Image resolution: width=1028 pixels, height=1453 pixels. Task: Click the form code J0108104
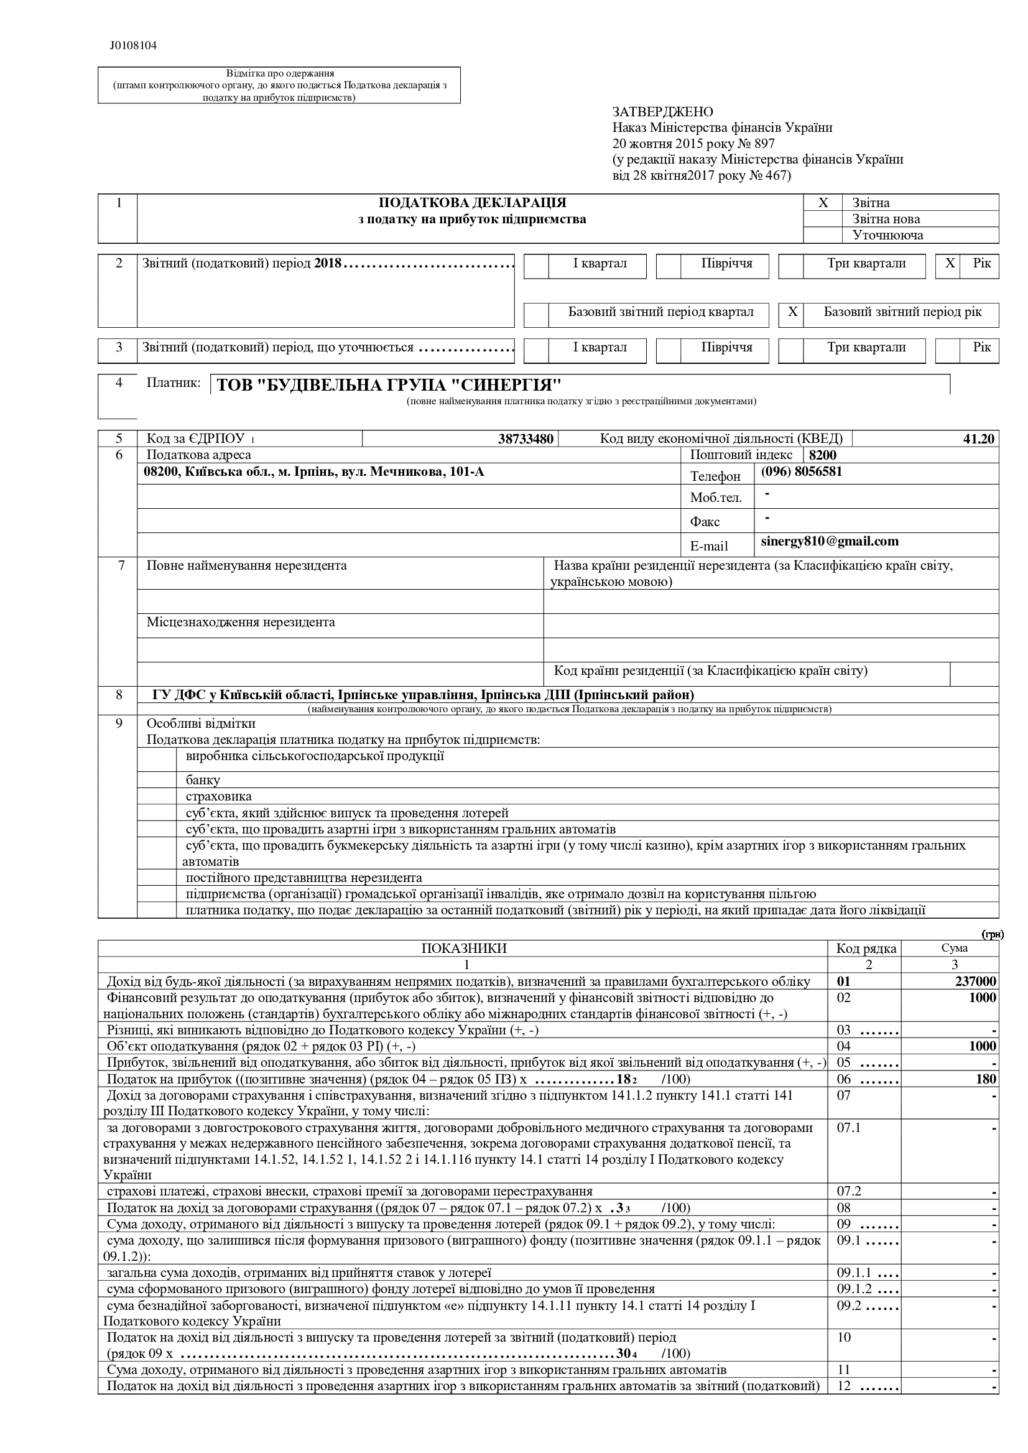(133, 45)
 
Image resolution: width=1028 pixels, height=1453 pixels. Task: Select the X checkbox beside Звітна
(823, 203)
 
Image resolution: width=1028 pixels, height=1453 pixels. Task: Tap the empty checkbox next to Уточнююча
(823, 236)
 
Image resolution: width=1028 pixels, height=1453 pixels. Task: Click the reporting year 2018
(327, 263)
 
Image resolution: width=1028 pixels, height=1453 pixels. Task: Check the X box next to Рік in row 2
(950, 263)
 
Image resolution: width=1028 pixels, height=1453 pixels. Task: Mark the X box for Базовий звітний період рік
(792, 312)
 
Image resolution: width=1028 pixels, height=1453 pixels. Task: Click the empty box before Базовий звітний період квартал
(536, 315)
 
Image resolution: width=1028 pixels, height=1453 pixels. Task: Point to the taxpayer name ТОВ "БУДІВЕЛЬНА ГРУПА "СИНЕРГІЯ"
(389, 385)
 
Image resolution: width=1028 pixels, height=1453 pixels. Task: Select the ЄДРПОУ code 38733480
(526, 439)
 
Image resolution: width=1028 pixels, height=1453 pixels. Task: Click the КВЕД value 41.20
(979, 439)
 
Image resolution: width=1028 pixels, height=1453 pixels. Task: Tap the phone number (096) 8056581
(802, 471)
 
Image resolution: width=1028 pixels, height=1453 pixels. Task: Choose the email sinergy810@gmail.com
(829, 541)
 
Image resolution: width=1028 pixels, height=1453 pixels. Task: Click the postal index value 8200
(822, 455)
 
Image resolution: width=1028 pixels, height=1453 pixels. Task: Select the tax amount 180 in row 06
(986, 1079)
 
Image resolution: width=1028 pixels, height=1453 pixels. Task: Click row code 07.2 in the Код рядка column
(849, 1191)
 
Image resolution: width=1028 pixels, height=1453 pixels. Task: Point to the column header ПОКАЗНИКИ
(464, 949)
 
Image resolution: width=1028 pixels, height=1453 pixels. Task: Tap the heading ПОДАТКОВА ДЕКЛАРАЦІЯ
(472, 203)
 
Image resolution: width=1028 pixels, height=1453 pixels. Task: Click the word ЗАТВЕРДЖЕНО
(662, 112)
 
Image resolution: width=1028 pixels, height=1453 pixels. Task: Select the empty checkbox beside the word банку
(157, 779)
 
